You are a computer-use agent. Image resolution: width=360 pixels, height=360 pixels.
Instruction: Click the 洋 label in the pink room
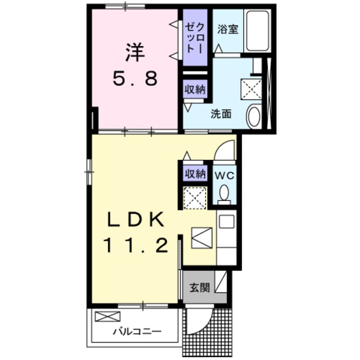[135, 52]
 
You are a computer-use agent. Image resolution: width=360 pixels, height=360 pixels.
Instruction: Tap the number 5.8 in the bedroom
[135, 78]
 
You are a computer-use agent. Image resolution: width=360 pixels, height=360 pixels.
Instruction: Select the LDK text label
[136, 219]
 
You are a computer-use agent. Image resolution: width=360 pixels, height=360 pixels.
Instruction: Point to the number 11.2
[136, 245]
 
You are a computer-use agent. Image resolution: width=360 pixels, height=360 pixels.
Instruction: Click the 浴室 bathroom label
[228, 29]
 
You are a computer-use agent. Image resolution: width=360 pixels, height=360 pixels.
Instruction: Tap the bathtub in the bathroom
[258, 31]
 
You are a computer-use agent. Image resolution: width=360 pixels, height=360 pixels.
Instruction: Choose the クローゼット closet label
[195, 38]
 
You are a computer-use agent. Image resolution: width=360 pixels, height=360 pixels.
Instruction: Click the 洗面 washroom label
[221, 114]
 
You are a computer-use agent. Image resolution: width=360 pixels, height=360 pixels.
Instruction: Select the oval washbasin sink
[254, 116]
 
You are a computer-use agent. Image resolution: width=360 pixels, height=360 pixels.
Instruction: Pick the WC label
[224, 175]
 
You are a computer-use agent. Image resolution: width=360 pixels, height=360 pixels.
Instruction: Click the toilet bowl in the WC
[224, 192]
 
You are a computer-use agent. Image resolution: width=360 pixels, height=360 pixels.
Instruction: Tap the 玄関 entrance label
[200, 287]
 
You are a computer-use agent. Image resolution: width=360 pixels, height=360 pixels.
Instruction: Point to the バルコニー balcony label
[137, 331]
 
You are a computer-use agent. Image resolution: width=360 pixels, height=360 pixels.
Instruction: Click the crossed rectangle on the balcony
[107, 316]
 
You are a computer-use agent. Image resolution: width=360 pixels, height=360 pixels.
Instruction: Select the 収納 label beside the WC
[195, 174]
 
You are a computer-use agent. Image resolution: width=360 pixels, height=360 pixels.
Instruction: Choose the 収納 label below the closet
[195, 89]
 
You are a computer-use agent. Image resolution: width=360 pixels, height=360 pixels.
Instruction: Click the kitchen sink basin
[227, 222]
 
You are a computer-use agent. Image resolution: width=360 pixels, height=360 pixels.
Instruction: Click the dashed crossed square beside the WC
[195, 198]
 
